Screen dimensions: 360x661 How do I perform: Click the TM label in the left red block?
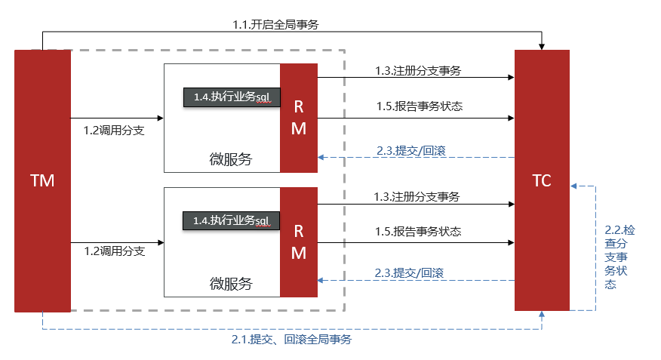[x=42, y=180]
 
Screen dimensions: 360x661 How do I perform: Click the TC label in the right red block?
[x=541, y=180]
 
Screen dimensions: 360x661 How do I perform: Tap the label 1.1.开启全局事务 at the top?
[x=275, y=24]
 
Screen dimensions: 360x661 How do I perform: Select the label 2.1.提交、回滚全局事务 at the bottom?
[x=291, y=340]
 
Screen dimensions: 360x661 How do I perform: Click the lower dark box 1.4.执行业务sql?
[x=231, y=220]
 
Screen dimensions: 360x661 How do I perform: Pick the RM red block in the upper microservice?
[x=299, y=118]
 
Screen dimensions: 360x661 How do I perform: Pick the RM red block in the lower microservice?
[x=299, y=242]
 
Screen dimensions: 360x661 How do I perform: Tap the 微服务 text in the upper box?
[x=230, y=159]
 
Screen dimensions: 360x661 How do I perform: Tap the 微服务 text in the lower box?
[x=230, y=284]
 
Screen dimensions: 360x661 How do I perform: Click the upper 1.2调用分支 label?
[x=114, y=131]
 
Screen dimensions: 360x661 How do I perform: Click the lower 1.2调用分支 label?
[x=114, y=251]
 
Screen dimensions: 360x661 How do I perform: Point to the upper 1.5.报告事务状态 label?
[x=420, y=106]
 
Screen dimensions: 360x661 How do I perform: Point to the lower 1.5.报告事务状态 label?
[x=418, y=232]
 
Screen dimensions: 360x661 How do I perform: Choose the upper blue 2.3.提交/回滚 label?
[x=410, y=151]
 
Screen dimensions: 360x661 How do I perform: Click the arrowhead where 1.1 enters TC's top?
[x=541, y=47]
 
